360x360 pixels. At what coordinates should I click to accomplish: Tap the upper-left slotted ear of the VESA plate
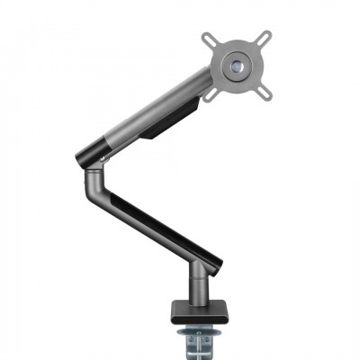coord(210,39)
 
